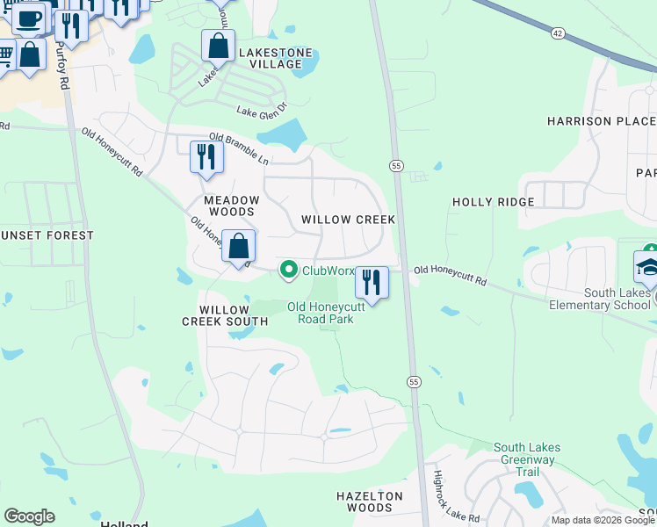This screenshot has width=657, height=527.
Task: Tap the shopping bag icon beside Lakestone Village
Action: [x=218, y=45]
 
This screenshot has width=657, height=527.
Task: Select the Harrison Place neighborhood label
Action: [x=601, y=120]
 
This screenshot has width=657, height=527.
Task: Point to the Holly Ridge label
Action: [x=493, y=202]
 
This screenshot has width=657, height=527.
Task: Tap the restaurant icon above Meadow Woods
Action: [x=206, y=157]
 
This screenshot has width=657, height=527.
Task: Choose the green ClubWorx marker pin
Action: [x=288, y=270]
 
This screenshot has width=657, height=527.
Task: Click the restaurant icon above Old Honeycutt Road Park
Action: [x=372, y=283]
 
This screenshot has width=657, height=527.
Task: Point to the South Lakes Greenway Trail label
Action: [x=527, y=459]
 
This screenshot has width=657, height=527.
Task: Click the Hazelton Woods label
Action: [x=370, y=502]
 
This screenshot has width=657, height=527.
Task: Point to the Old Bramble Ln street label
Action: [x=239, y=148]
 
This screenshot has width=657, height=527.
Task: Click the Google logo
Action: [x=29, y=516]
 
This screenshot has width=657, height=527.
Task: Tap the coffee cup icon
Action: [x=27, y=17]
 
